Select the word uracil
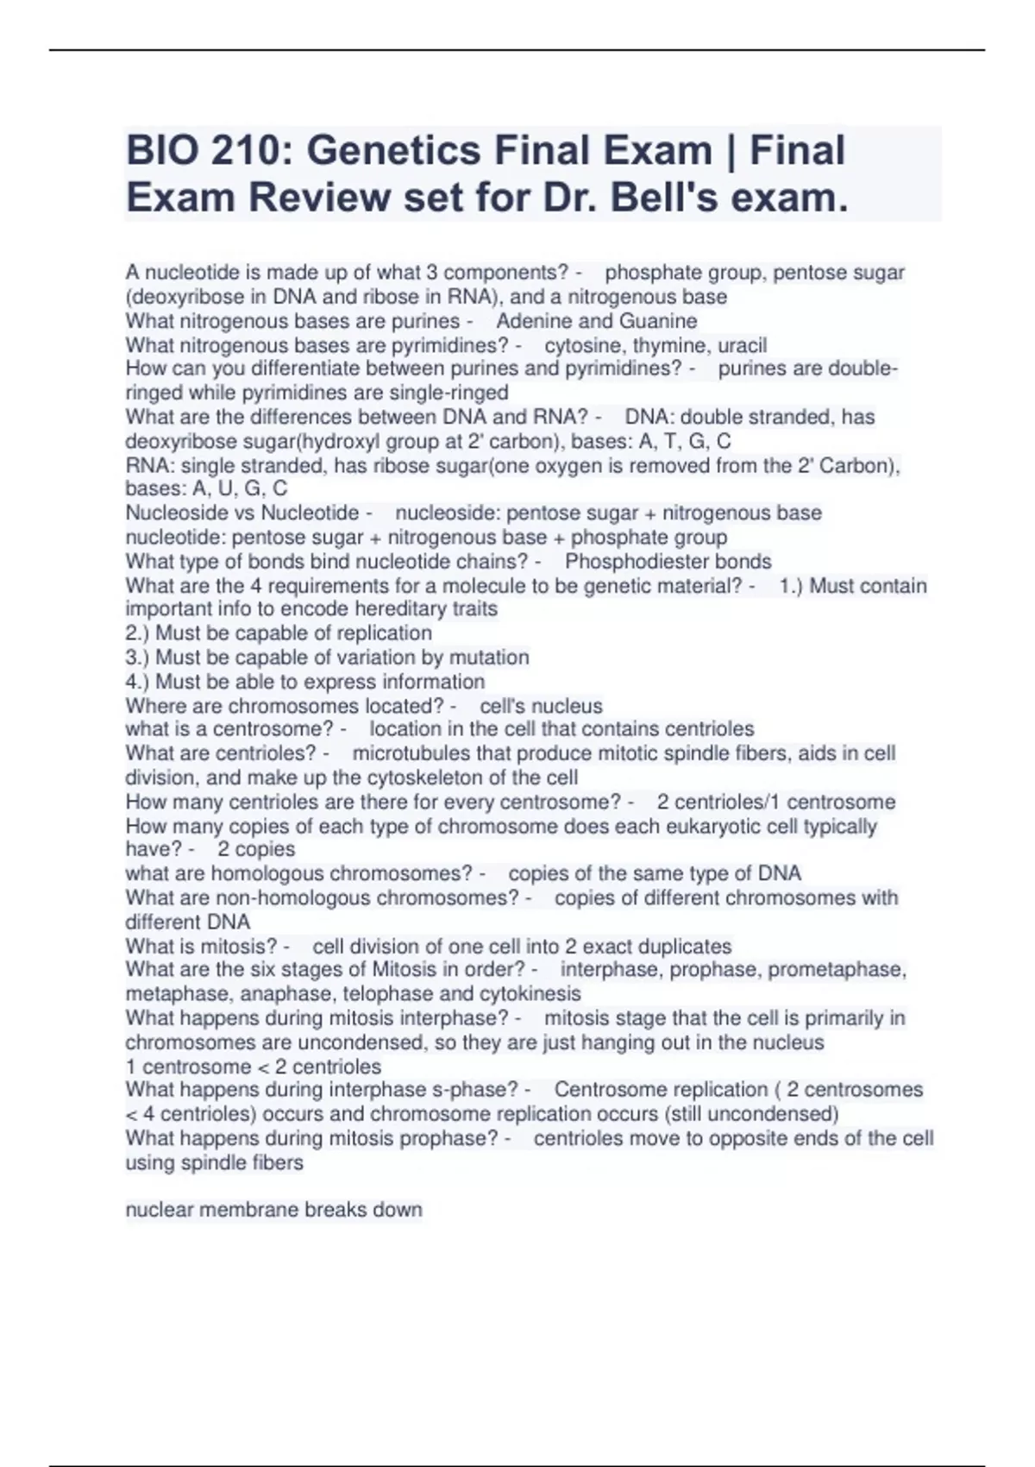[x=742, y=345]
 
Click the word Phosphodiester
[x=633, y=562]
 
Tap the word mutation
[x=489, y=658]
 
